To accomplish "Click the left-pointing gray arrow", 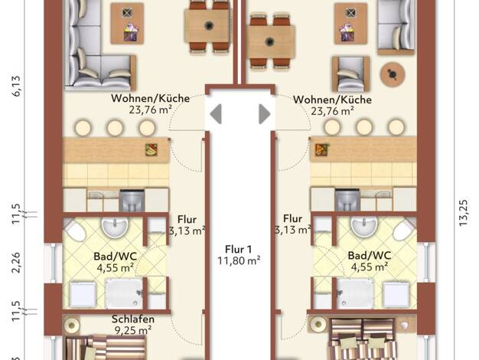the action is click(x=216, y=114).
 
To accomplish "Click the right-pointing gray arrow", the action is click(x=265, y=114).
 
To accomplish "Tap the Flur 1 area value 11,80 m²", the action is click(x=239, y=261).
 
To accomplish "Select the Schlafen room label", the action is click(x=133, y=319).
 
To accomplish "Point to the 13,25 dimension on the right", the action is click(x=463, y=213).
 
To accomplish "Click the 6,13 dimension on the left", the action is click(x=16, y=86).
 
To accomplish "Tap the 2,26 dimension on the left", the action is click(x=16, y=263).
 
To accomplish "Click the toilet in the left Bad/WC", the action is click(x=75, y=230).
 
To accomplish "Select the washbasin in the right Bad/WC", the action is click(x=363, y=226).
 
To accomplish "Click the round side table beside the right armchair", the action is click(x=393, y=74).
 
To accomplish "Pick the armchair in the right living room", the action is click(x=350, y=74).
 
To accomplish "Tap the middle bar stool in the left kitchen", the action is click(x=115, y=128).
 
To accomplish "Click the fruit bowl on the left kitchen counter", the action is click(x=152, y=150).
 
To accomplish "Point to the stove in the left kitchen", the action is click(x=132, y=201).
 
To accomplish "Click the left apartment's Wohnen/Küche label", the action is click(x=150, y=99).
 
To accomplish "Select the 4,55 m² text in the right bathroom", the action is click(x=370, y=267).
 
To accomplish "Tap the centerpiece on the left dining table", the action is click(x=209, y=25).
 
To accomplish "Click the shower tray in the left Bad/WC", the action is click(x=124, y=293).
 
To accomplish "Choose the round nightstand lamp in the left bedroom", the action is click(x=72, y=325).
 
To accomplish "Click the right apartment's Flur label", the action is click(x=293, y=219).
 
